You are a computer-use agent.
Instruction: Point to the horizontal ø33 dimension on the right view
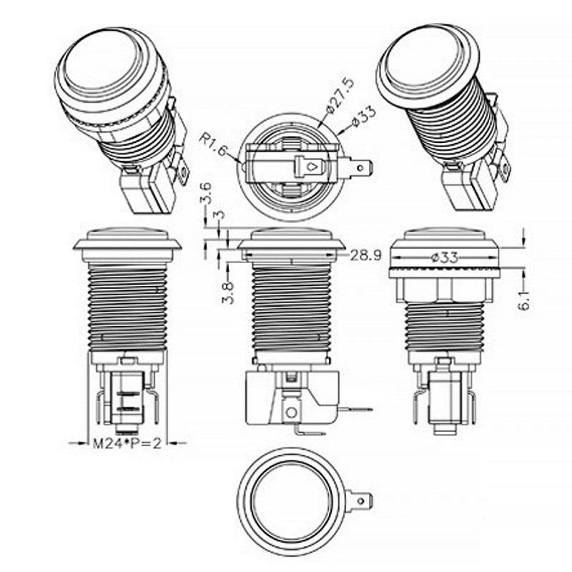point(444,258)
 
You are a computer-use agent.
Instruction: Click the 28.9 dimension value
point(365,255)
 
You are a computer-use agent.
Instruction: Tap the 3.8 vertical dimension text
point(228,292)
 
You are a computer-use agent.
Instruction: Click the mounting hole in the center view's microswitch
point(291,413)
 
